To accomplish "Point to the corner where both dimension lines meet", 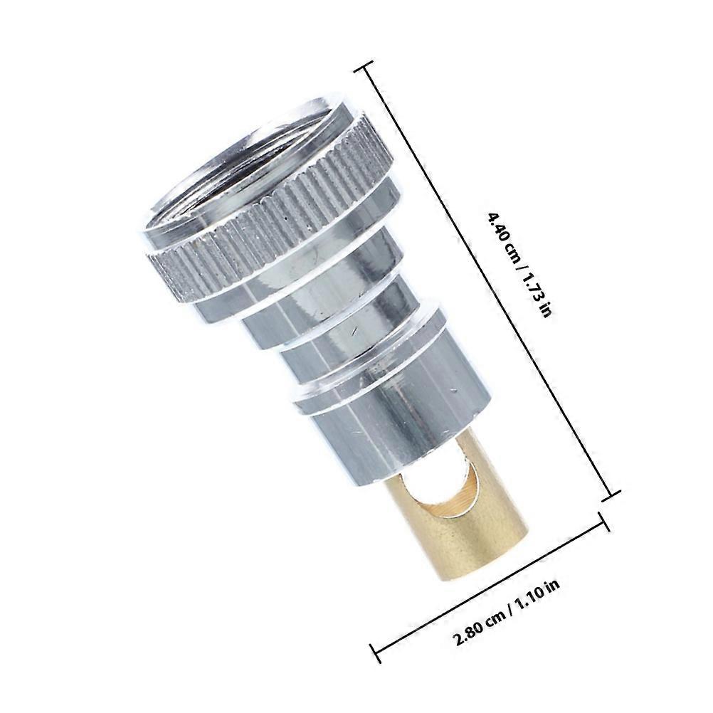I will coord(613,495).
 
